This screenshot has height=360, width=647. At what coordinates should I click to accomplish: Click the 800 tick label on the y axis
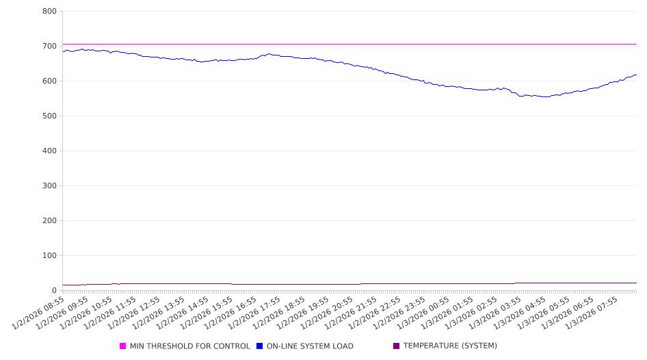coord(49,11)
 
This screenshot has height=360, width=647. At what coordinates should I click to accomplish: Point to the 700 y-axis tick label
coord(49,46)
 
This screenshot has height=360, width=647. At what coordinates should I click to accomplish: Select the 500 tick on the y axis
coord(49,116)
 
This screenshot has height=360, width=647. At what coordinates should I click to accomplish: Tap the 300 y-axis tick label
coord(49,185)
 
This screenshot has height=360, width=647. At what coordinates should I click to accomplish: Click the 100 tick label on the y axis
coord(49,255)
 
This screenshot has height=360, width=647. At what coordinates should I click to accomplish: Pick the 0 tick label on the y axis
coord(54,290)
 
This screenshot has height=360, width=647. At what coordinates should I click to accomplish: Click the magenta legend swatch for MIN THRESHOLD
coord(123,346)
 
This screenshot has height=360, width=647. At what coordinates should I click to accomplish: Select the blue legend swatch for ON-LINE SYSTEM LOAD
coord(260,346)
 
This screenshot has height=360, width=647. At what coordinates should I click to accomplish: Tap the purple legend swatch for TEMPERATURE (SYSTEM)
coord(397,346)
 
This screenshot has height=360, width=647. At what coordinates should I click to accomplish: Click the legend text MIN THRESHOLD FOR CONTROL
coord(189,346)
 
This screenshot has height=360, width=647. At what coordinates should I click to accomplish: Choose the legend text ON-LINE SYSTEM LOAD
coord(310,346)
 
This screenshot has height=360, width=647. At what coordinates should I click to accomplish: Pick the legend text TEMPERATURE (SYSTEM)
coord(450,346)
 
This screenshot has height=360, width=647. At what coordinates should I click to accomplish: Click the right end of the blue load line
coord(636,75)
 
